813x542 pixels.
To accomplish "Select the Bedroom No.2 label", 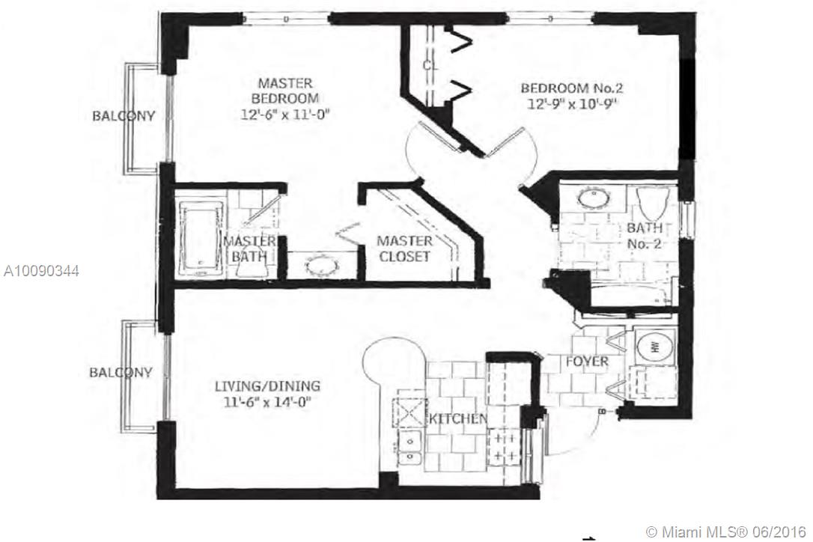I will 573,88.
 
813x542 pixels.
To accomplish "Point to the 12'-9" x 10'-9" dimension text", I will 573,104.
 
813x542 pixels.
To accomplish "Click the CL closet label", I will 430,65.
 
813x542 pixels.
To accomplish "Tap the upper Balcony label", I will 124,116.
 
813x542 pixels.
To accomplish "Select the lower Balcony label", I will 121,372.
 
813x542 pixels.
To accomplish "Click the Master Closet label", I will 404,249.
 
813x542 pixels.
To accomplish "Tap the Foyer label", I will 586,362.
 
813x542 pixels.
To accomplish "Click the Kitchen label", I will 457,418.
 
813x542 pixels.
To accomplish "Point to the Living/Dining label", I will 267,386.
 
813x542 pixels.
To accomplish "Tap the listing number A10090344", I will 41,270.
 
